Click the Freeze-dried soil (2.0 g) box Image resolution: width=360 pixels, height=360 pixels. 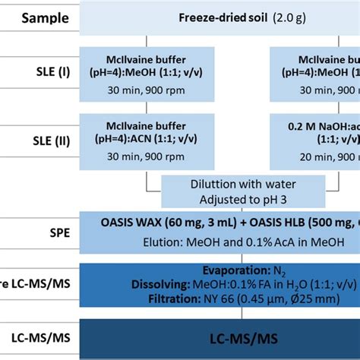228,17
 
